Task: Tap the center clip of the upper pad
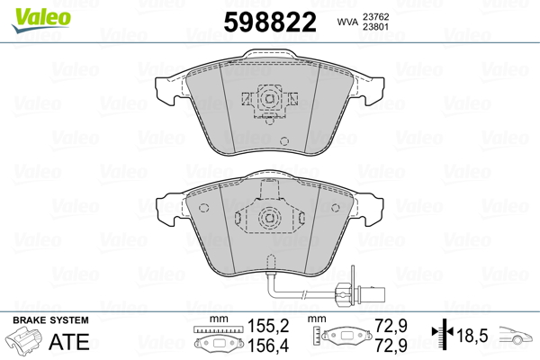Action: tap(267, 100)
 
